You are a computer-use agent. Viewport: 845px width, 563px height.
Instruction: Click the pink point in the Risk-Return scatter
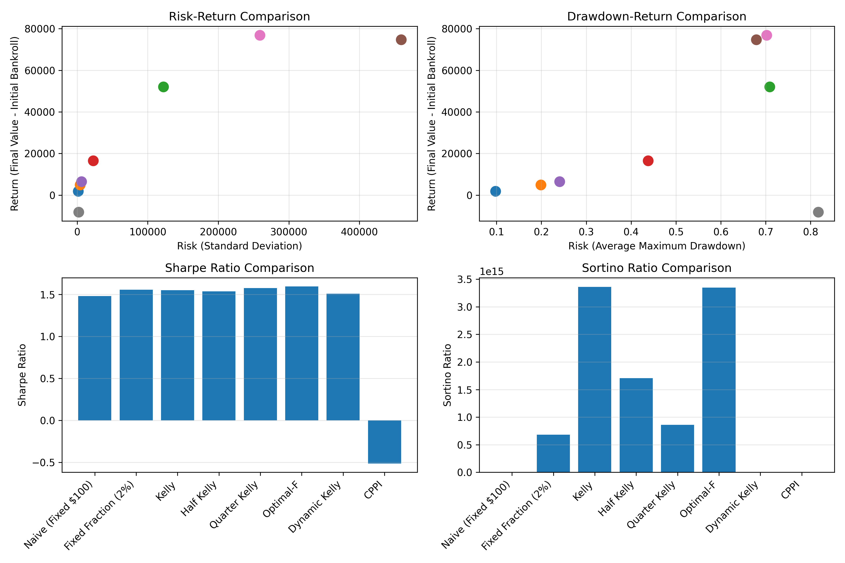[x=260, y=35]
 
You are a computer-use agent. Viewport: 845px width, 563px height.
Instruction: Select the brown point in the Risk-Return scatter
[x=401, y=39]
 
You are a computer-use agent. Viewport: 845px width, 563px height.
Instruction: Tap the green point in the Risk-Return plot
[x=163, y=87]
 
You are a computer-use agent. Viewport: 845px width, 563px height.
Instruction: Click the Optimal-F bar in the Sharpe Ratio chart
[x=301, y=354]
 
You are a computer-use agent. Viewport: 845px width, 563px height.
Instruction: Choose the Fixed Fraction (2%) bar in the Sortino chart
[x=553, y=453]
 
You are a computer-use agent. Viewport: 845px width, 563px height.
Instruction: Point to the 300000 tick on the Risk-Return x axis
[x=288, y=232]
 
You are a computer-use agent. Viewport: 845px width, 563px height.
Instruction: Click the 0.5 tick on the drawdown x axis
[x=676, y=232]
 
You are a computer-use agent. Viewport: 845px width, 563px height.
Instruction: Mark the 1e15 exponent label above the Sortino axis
[x=492, y=272]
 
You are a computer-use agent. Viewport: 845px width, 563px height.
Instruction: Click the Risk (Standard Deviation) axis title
[x=239, y=246]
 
